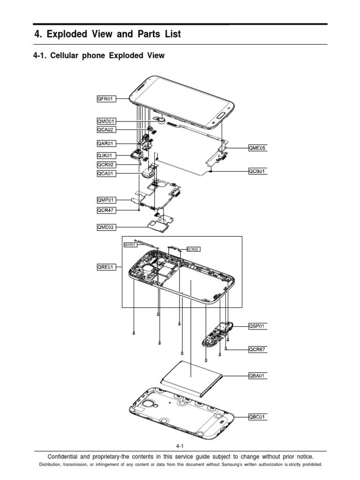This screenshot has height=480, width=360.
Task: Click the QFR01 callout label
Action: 103,99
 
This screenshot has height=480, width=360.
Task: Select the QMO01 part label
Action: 103,121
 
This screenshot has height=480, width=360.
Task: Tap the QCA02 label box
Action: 103,130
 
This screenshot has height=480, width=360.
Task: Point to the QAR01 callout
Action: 103,143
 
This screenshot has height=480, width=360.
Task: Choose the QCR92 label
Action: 103,165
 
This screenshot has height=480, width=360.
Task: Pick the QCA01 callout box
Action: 103,174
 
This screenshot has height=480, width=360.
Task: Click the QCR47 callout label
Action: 103,210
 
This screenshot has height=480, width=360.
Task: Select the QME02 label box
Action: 103,227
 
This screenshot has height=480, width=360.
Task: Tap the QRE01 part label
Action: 103,267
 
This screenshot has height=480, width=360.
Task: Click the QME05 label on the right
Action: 257,148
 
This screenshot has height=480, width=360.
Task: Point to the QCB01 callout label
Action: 257,172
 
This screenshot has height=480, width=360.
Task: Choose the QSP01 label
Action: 257,326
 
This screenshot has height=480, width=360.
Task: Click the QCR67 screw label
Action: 257,349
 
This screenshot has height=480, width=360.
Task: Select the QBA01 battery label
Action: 257,375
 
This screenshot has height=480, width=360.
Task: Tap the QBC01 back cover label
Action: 257,416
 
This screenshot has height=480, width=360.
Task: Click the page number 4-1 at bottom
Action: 180,447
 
